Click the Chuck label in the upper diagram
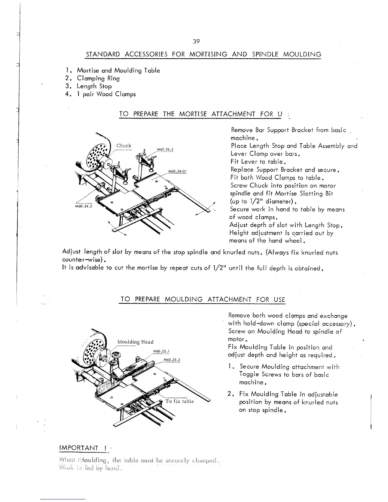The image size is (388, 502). tap(124, 145)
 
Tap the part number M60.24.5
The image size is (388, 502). tap(165, 150)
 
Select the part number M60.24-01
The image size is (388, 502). tap(177, 171)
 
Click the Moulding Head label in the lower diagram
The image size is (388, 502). tap(135, 342)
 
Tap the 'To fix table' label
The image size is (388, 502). tap(179, 401)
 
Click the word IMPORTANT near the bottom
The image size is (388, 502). tap(79, 448)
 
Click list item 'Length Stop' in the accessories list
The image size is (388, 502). tap(94, 86)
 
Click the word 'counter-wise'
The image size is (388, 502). tap(82, 261)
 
